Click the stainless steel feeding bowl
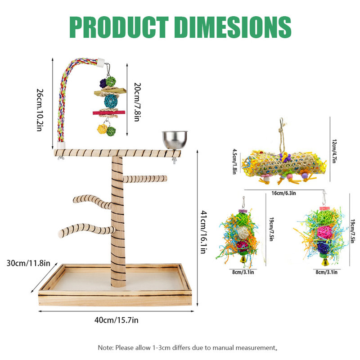coord(175,140)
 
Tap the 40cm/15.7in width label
coord(117,320)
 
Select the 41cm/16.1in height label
coord(203,232)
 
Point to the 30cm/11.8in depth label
coord(28,263)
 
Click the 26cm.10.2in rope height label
coord(40,110)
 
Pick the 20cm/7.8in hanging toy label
coord(137,102)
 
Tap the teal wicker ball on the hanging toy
coord(111,101)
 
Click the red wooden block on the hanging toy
coord(109,112)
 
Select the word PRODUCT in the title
coord(119,27)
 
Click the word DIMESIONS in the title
coord(233,27)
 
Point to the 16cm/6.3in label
coord(284,193)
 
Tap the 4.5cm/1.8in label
coord(234,162)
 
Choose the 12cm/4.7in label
coord(334,151)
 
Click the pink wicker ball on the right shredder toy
coord(324,232)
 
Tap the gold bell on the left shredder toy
coord(243,260)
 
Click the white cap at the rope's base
coord(61,145)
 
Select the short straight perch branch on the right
coord(145,179)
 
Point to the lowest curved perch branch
coord(86,230)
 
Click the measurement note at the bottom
coord(188,347)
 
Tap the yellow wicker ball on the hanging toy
coord(102,129)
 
